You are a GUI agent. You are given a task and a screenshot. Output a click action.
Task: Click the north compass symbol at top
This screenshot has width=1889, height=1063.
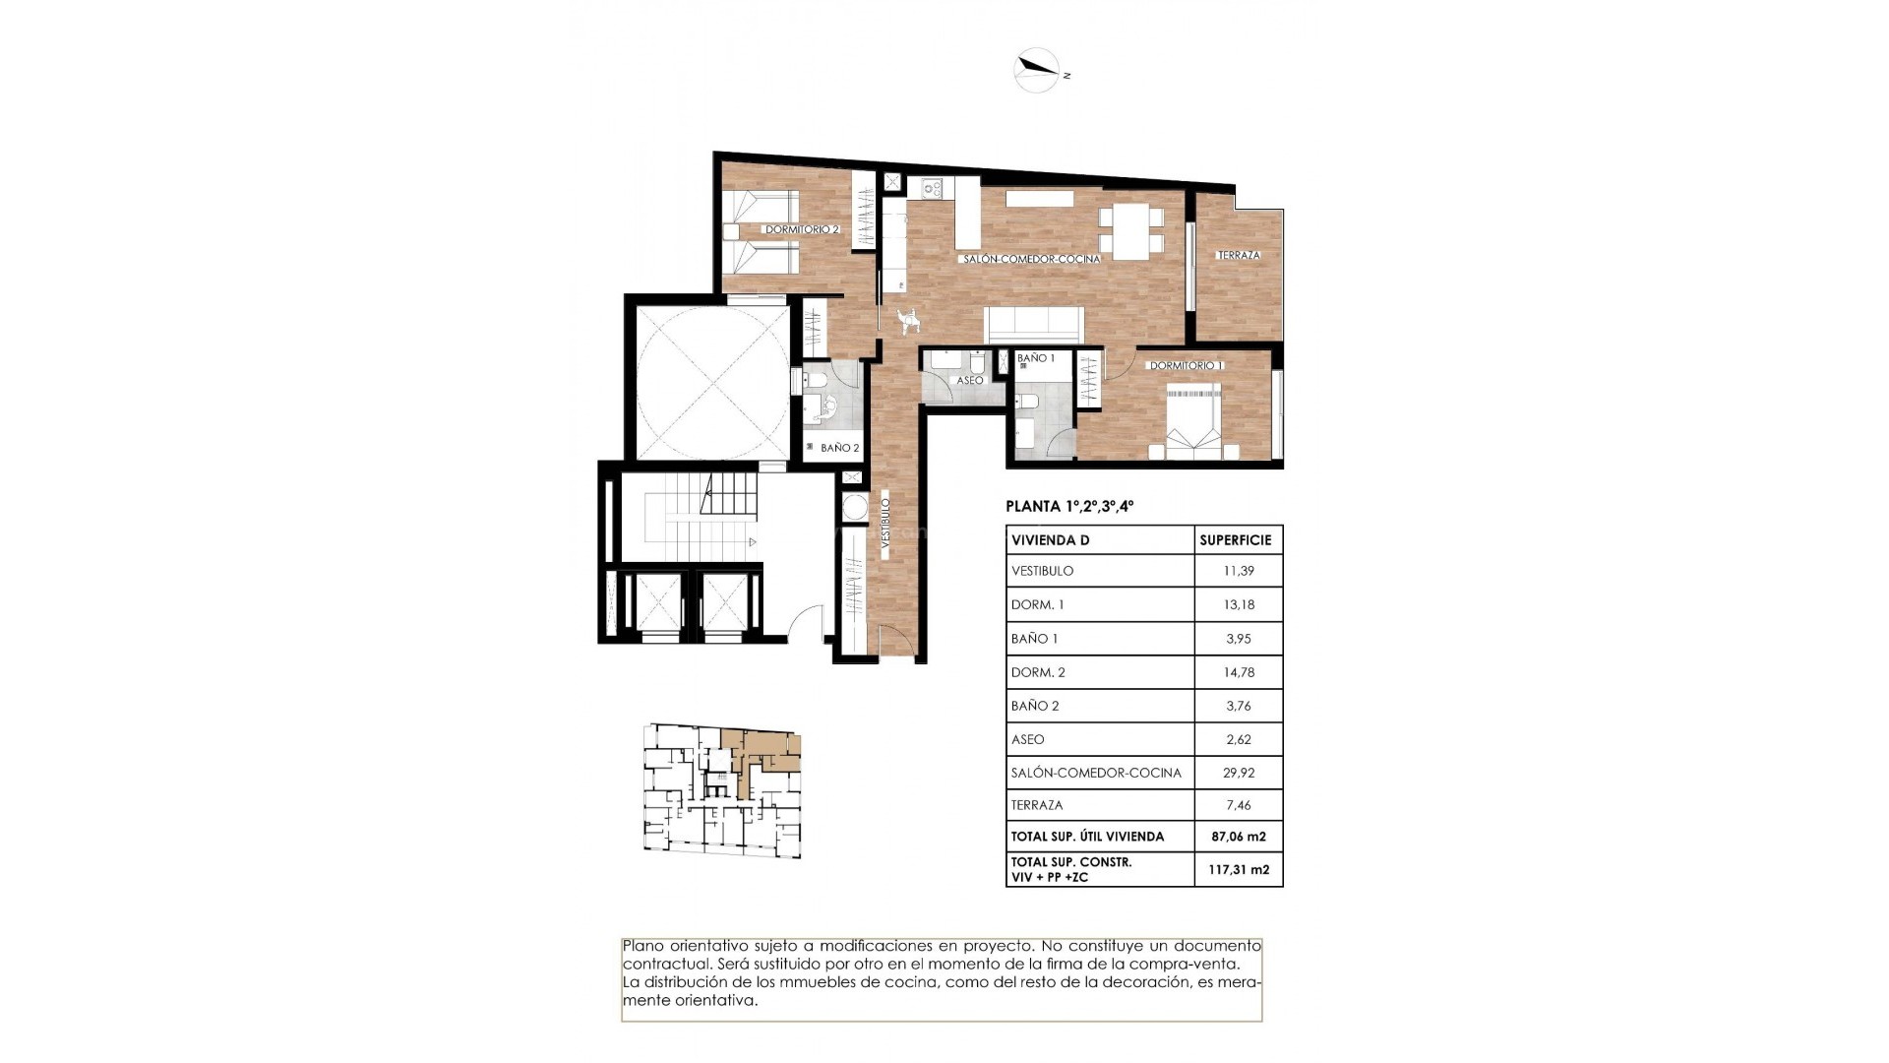(x=1036, y=70)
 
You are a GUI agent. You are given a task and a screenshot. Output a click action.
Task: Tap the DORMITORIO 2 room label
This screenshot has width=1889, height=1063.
(x=802, y=229)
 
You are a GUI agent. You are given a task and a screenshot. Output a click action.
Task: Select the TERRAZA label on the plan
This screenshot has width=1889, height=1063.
(x=1238, y=255)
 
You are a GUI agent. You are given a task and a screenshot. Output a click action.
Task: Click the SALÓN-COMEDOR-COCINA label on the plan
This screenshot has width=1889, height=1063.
(x=1031, y=259)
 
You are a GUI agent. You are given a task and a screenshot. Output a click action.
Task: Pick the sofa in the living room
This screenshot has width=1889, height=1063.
(x=1034, y=324)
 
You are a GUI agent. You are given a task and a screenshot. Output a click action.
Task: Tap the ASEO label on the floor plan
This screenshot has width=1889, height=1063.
(x=969, y=380)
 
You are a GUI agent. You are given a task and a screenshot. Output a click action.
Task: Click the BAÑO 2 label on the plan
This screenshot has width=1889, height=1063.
(x=839, y=448)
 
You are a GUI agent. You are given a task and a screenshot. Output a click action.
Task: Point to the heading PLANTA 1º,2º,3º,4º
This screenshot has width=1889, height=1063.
(x=1069, y=507)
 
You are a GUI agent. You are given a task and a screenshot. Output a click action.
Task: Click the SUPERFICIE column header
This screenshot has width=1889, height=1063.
(x=1236, y=540)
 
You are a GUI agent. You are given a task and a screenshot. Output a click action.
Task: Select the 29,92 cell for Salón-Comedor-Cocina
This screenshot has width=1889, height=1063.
(x=1238, y=773)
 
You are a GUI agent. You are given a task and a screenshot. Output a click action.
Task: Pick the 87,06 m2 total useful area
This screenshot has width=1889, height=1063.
(x=1238, y=837)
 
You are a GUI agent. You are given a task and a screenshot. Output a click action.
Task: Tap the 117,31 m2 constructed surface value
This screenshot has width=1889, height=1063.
(x=1238, y=870)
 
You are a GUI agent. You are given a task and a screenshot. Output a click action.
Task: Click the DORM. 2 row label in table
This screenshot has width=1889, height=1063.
(x=1038, y=672)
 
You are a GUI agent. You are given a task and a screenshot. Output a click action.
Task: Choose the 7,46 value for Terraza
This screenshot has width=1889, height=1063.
(x=1238, y=805)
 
